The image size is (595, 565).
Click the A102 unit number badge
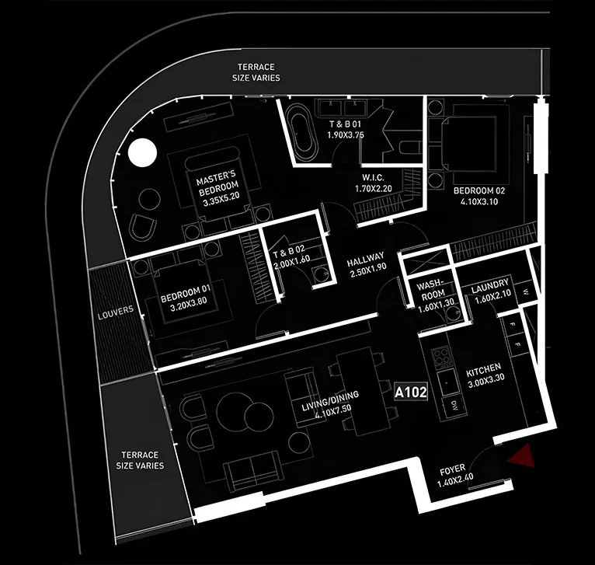coord(411,392)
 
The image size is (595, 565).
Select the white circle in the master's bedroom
coord(142,152)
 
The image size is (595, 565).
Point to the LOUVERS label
coord(116,313)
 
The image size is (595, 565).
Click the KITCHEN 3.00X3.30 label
coord(485,375)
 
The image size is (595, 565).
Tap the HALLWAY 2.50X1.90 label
coord(366,264)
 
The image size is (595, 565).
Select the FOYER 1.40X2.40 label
coord(454,476)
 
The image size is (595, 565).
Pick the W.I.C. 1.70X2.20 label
coord(374,183)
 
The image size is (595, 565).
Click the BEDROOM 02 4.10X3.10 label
coord(479,196)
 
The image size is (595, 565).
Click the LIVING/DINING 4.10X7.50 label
coord(331,404)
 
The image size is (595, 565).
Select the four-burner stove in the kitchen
coord(441,357)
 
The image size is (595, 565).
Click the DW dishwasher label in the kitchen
coord(454,404)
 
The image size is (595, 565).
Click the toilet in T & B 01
coord(410,147)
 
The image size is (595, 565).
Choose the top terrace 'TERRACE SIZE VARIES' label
coord(256,72)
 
